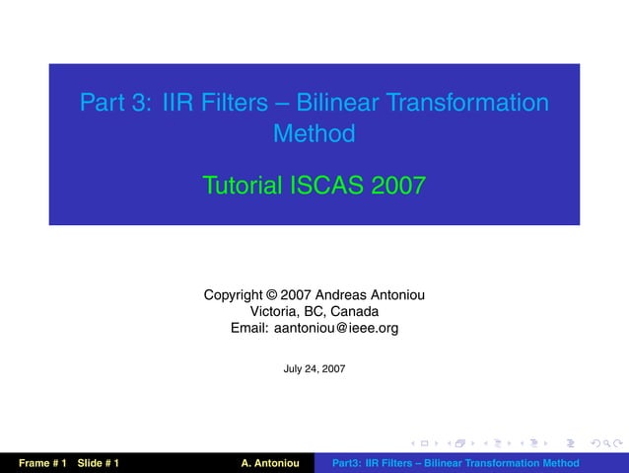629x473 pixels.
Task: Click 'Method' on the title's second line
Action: pyautogui.click(x=314, y=132)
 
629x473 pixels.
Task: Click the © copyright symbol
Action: pyautogui.click(x=271, y=294)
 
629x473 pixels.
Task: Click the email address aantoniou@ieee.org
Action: pyautogui.click(x=336, y=328)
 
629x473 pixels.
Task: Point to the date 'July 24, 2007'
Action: pyautogui.click(x=314, y=368)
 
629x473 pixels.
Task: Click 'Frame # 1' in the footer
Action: pyautogui.click(x=40, y=463)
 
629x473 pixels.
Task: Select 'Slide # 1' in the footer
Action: pyautogui.click(x=99, y=463)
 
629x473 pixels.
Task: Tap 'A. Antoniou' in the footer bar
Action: pyautogui.click(x=269, y=463)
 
